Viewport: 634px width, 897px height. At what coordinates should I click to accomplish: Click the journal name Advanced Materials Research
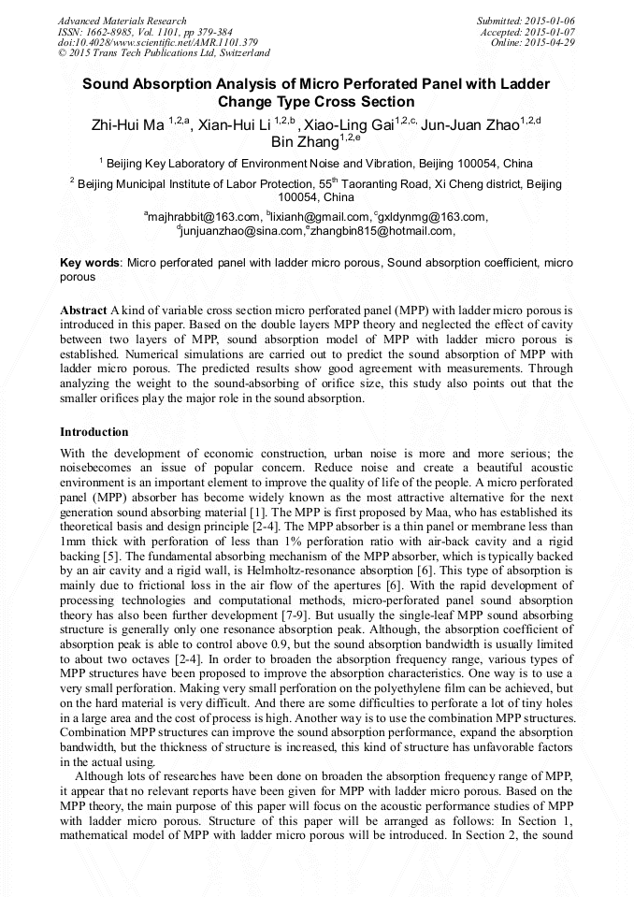122,21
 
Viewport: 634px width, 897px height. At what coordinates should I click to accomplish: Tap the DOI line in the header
157,43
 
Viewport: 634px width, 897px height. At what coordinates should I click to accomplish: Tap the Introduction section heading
94,432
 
